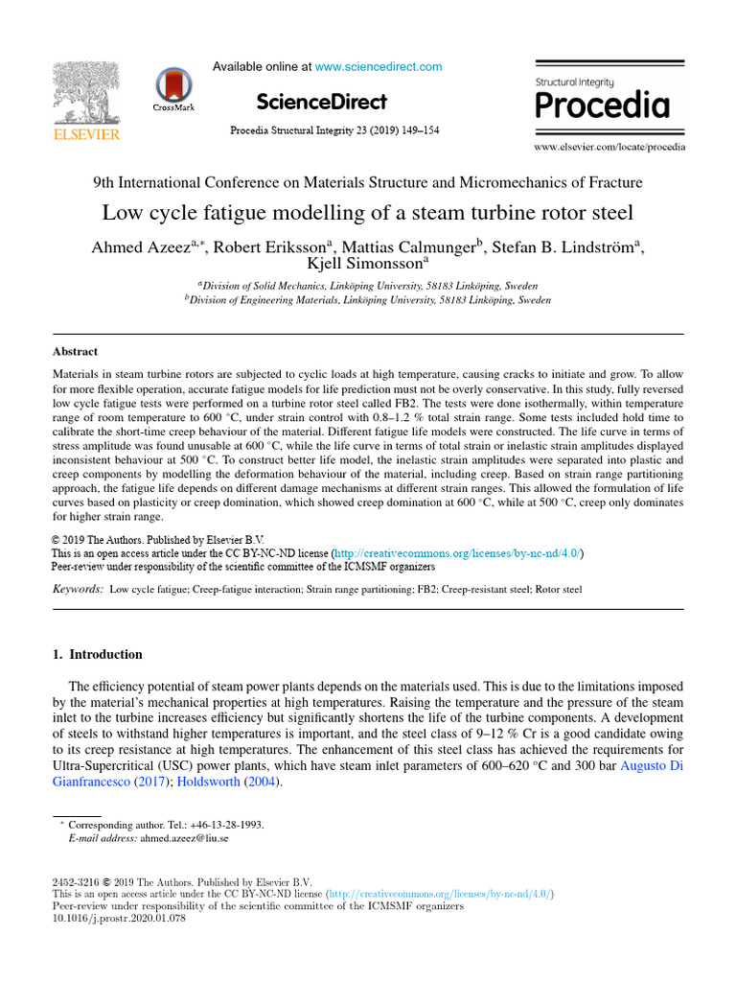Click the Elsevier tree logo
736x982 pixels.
coord(86,96)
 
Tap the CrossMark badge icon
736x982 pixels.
coord(173,89)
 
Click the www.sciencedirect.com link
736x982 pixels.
coord(379,67)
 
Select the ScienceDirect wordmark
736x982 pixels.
coord(322,102)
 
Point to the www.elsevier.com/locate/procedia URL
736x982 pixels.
coord(609,148)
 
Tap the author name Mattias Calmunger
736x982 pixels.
coord(407,248)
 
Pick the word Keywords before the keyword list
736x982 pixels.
coord(78,589)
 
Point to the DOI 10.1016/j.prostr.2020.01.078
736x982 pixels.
coord(117,918)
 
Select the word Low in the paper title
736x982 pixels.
coord(121,212)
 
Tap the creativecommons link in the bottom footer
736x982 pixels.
coord(440,894)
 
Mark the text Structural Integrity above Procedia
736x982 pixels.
coord(575,82)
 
